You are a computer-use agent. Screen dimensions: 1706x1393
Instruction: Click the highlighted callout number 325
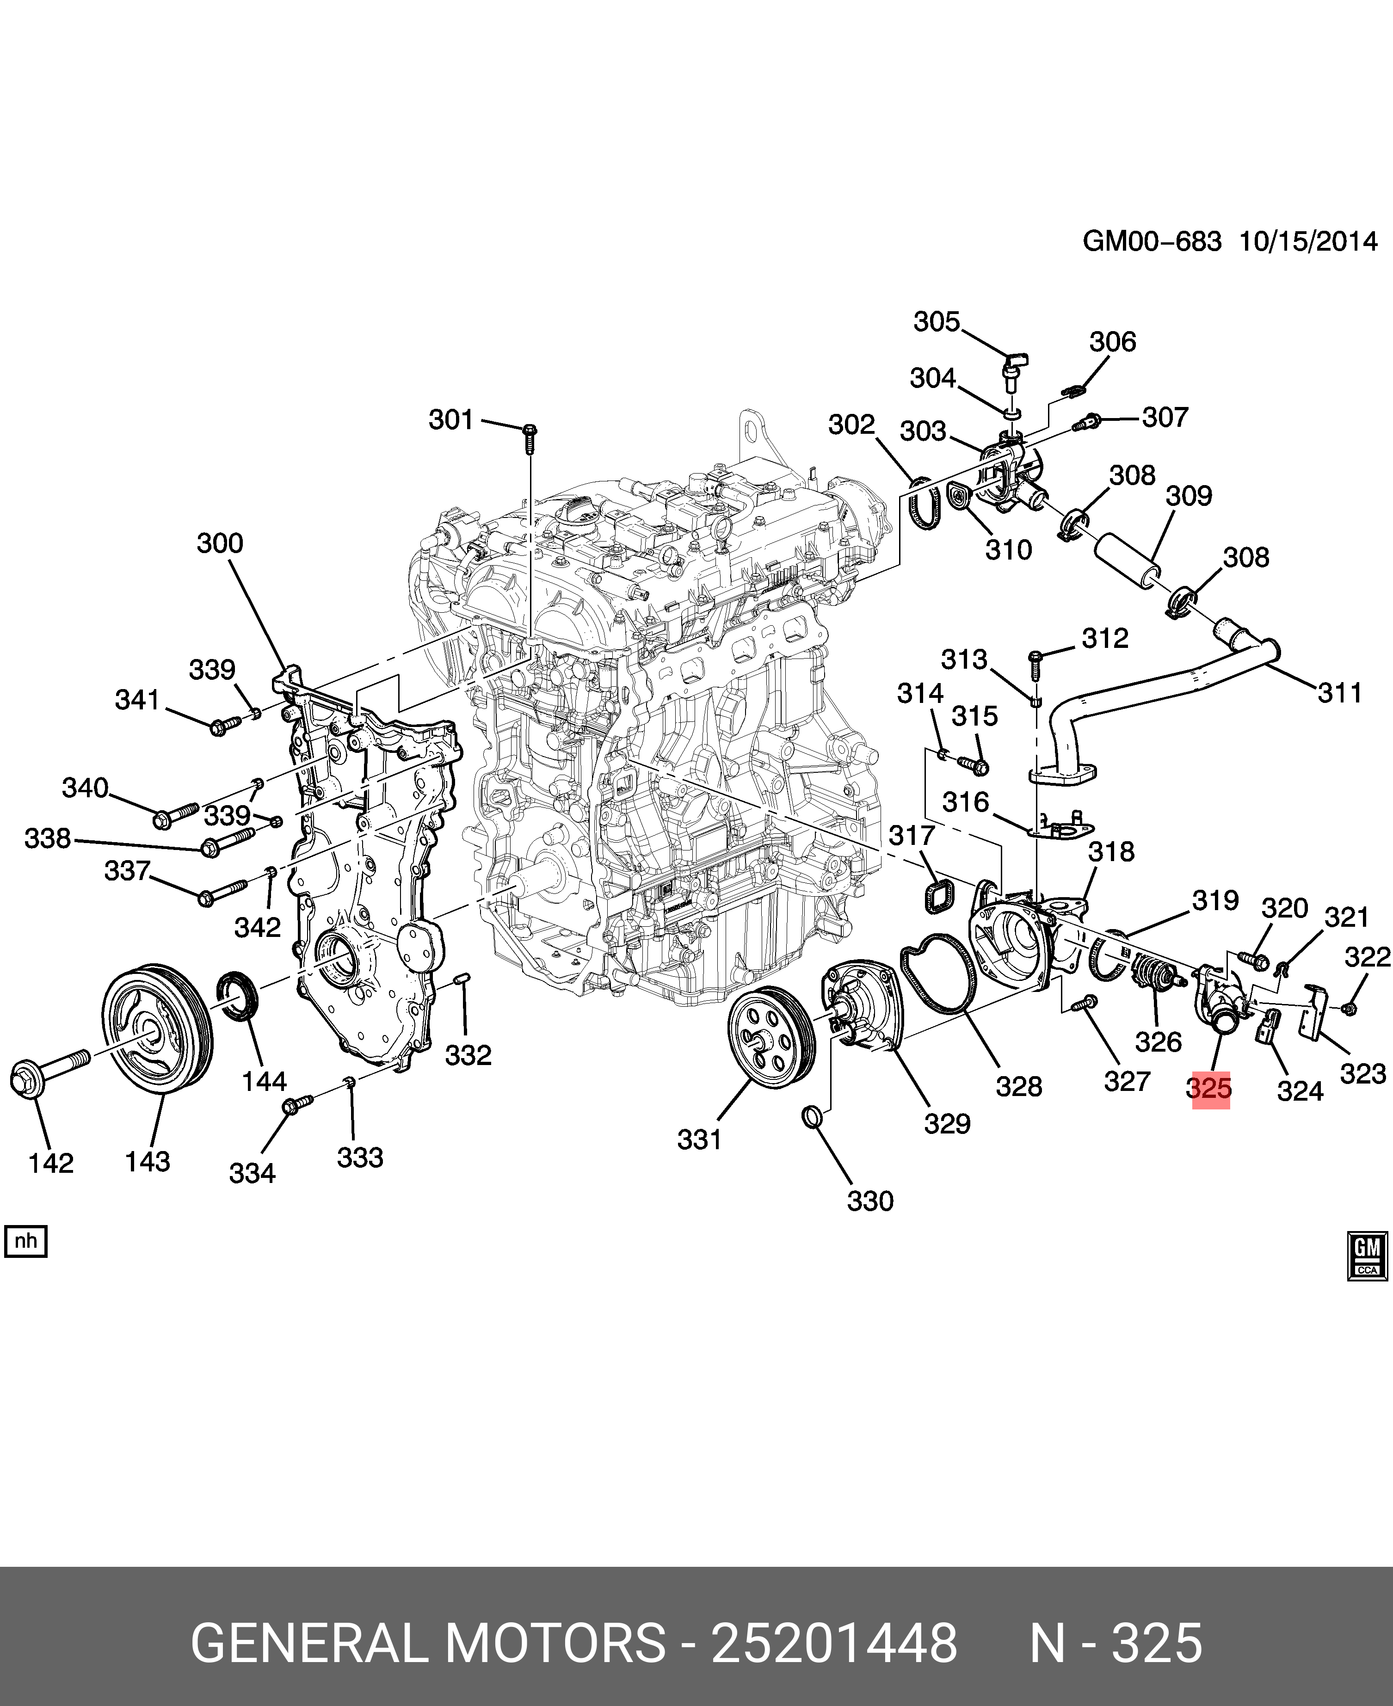pyautogui.click(x=1209, y=1089)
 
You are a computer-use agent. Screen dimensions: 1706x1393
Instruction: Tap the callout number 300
pyautogui.click(x=220, y=543)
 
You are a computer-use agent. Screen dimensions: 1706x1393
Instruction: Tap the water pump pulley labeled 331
pyautogui.click(x=771, y=1038)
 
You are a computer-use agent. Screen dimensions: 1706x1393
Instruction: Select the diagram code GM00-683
pyautogui.click(x=1152, y=241)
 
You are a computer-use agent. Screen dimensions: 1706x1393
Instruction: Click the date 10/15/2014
pyautogui.click(x=1308, y=241)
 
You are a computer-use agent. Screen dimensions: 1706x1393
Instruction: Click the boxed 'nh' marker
pyautogui.click(x=26, y=1241)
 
